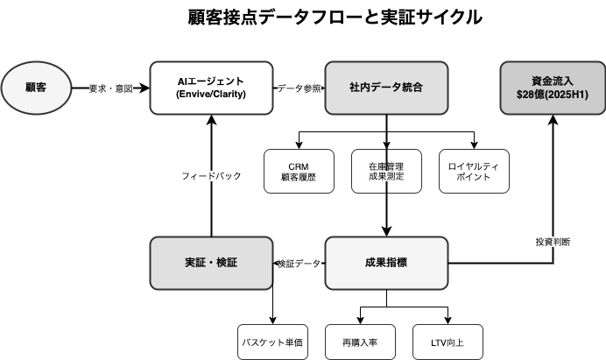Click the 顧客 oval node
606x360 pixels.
pos(36,88)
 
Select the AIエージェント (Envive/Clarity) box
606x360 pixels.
pos(211,88)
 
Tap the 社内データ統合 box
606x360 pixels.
pos(386,88)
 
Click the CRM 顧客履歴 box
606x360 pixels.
pos(299,171)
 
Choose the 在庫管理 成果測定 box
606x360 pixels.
pos(386,171)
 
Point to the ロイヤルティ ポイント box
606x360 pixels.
pos(474,171)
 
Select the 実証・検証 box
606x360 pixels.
pos(211,263)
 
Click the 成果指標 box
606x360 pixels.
pos(386,263)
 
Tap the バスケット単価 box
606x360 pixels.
pos(272,342)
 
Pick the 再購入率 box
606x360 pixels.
pos(360,342)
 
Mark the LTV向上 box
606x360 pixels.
pos(447,342)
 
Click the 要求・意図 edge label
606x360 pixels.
pos(111,88)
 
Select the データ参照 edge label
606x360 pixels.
pos(299,88)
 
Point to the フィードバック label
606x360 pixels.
pos(211,176)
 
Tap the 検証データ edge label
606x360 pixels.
pos(299,264)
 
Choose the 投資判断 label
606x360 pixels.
pos(553,241)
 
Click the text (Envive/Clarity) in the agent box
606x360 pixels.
pos(211,95)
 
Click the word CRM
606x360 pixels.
pos(299,165)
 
